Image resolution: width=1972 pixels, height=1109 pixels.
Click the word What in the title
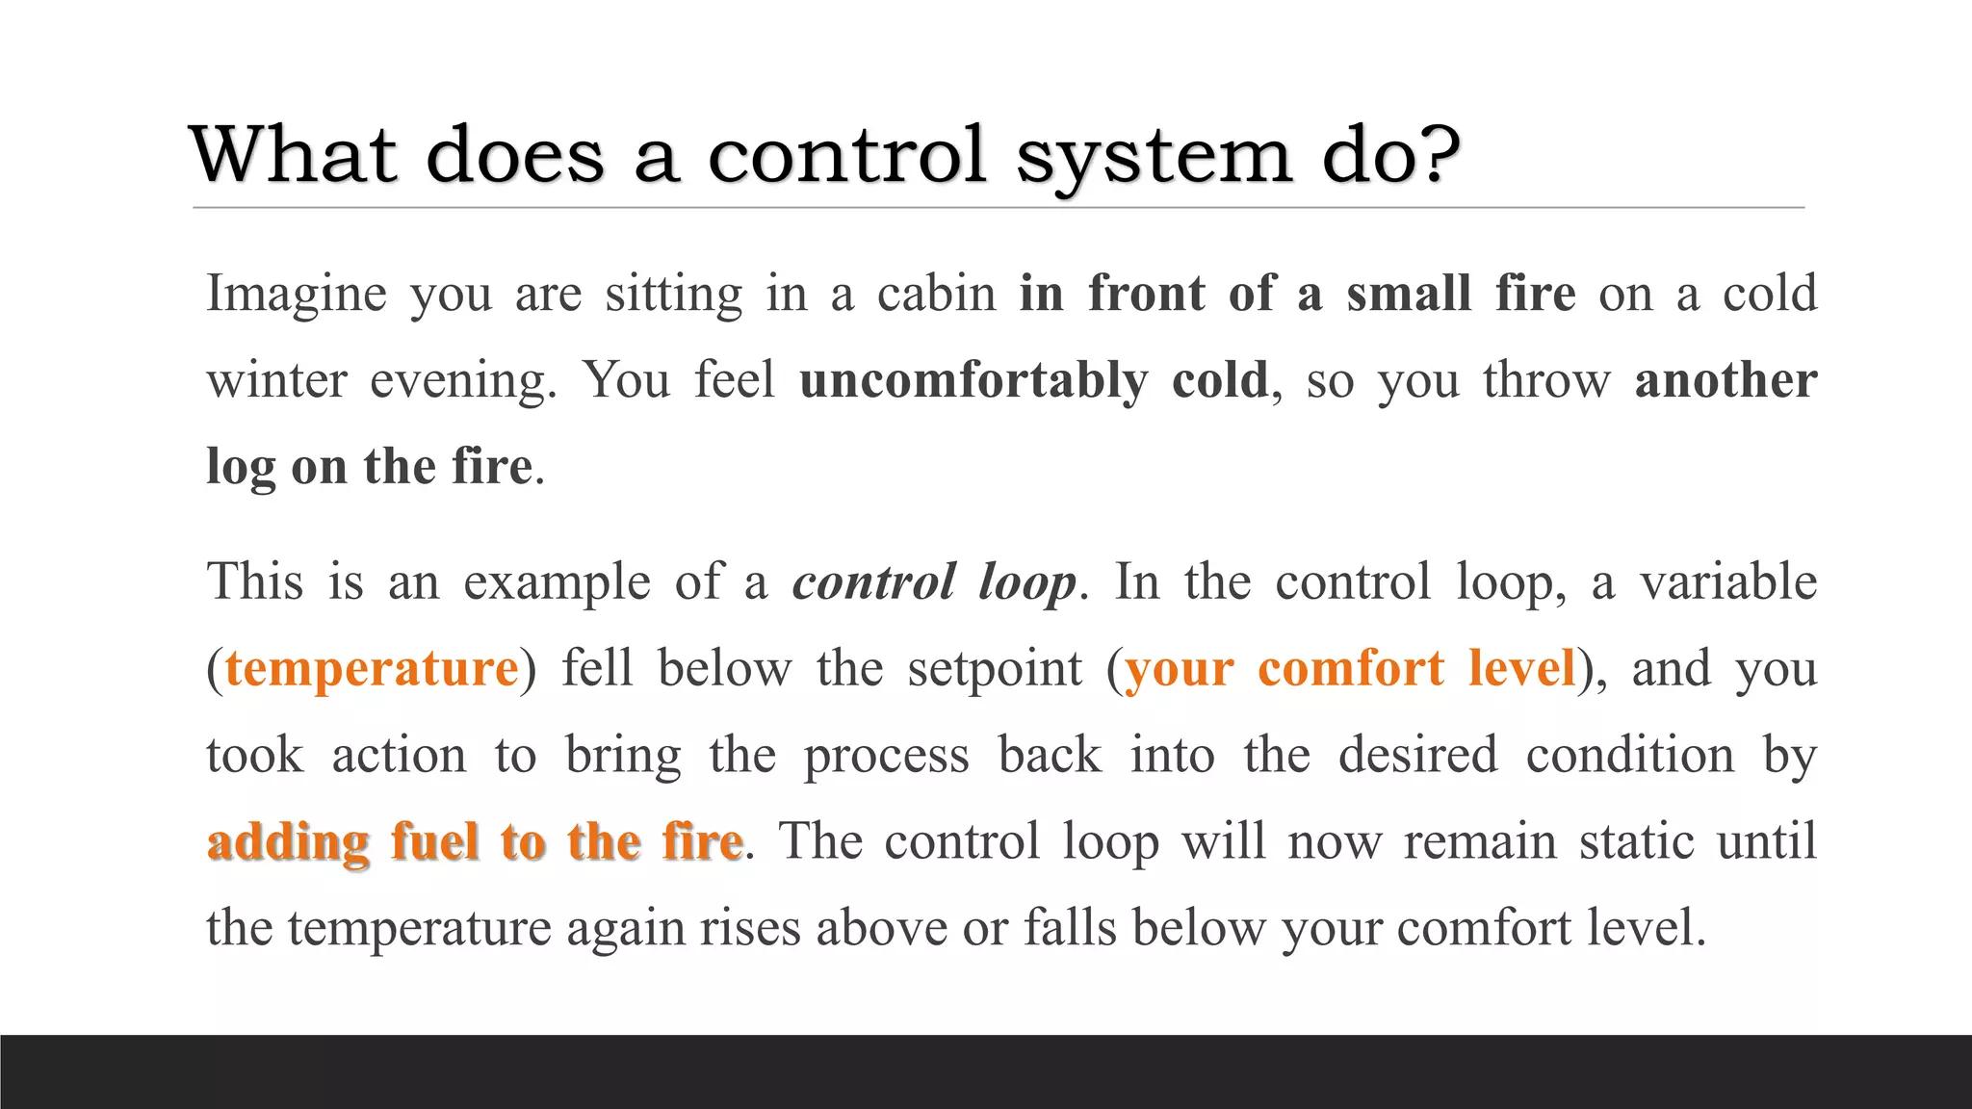click(293, 154)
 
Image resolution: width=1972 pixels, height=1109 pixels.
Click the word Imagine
click(296, 295)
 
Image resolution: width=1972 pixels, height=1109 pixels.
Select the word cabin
click(936, 293)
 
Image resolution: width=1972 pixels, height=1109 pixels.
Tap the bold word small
click(1409, 293)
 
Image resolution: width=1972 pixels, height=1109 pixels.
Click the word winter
click(276, 379)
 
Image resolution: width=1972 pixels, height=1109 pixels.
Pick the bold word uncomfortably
click(973, 381)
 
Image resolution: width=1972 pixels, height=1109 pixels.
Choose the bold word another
click(1725, 379)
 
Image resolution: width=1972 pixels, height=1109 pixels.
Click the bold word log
click(241, 468)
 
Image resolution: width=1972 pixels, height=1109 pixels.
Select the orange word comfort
click(1350, 668)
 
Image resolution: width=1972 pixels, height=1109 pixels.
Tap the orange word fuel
click(434, 841)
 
